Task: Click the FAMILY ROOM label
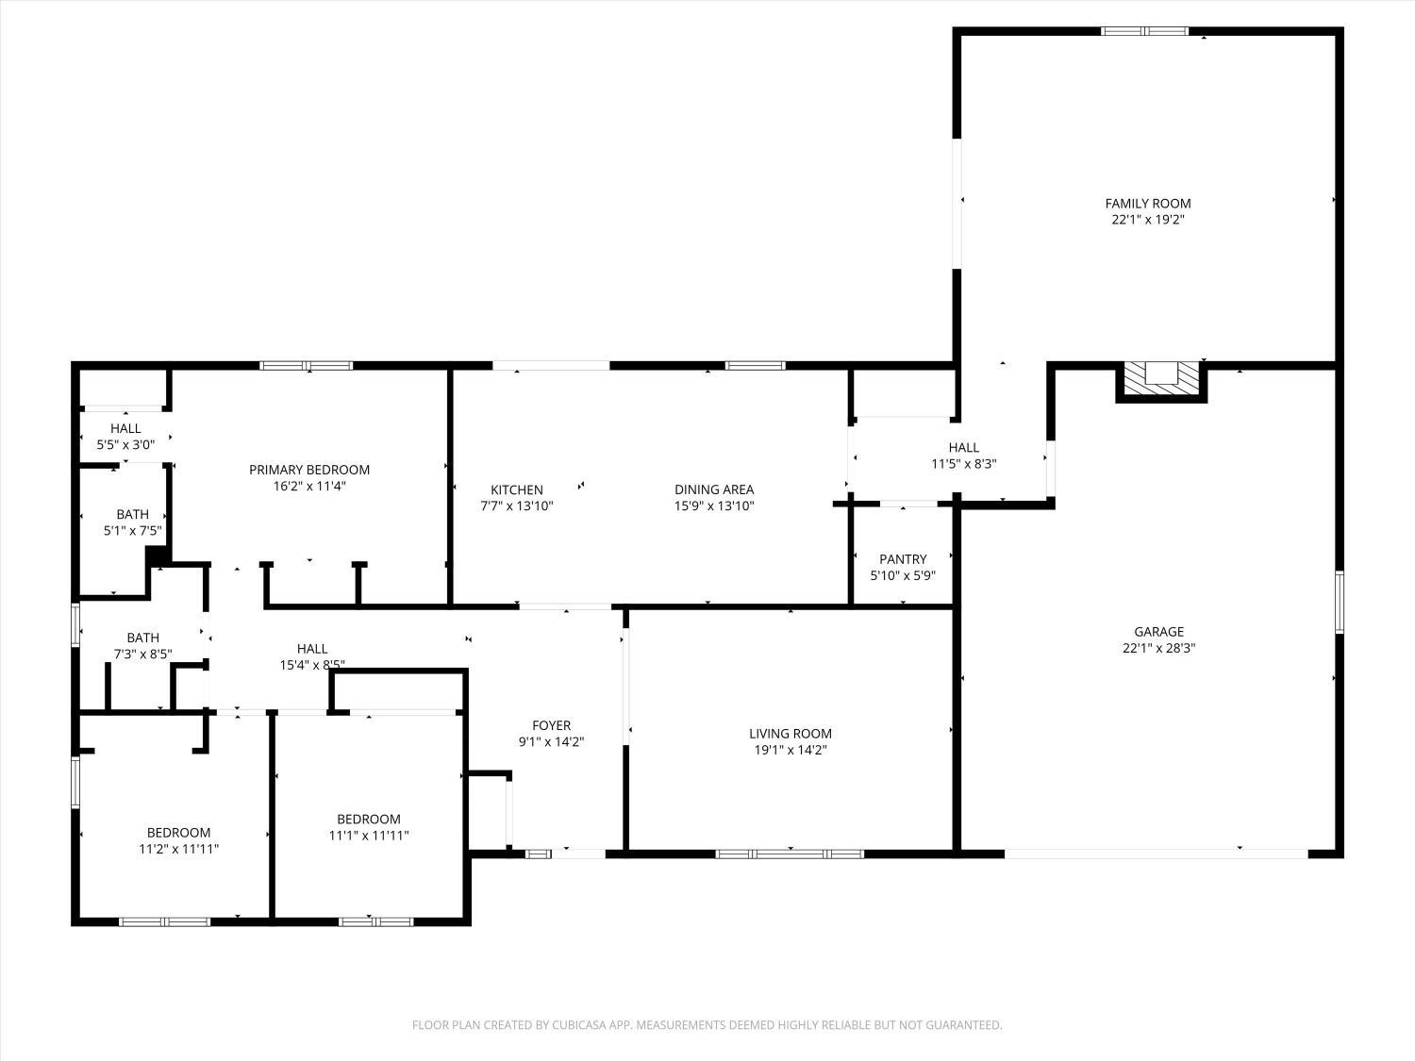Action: click(1147, 203)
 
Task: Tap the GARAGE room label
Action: click(1158, 632)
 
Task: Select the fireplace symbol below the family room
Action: click(1161, 379)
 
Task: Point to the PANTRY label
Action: click(903, 559)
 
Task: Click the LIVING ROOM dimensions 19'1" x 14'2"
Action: click(791, 750)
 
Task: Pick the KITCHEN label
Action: click(516, 489)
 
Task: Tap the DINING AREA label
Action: click(714, 489)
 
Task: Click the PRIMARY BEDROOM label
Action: click(309, 470)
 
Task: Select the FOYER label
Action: click(551, 725)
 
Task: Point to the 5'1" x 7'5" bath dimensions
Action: click(132, 530)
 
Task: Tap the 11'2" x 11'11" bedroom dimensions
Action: click(178, 849)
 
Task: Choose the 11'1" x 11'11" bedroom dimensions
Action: click(369, 836)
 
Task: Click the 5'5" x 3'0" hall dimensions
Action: click(125, 444)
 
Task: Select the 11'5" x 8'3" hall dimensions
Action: click(963, 463)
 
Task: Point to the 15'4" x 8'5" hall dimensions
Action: click(312, 664)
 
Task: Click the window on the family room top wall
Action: click(1144, 31)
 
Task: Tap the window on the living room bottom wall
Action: click(790, 854)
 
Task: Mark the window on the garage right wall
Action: click(1339, 602)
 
